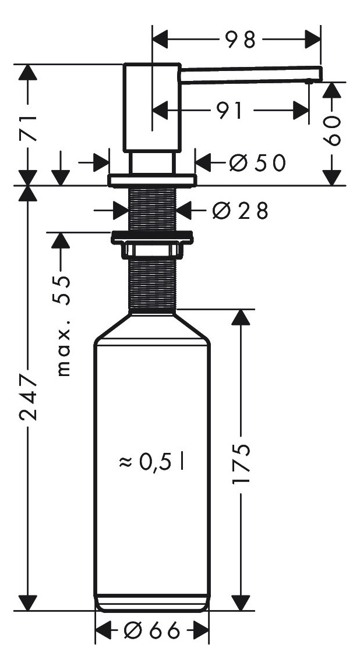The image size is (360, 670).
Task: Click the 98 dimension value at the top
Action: click(239, 40)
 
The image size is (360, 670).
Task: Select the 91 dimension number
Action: click(228, 111)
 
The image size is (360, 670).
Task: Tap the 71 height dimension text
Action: click(29, 128)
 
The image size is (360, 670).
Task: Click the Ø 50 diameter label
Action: click(256, 162)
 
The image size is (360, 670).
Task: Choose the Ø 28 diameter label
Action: click(240, 210)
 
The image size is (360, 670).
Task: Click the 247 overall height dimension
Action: click(29, 397)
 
